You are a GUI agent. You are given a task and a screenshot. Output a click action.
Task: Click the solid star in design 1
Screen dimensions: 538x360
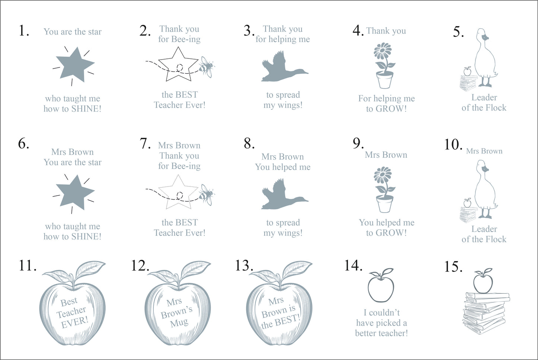pyautogui.click(x=75, y=65)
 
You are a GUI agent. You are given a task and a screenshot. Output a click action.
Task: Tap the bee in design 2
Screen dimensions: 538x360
pyautogui.click(x=207, y=67)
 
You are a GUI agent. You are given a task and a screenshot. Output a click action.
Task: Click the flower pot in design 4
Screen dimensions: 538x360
pyautogui.click(x=385, y=80)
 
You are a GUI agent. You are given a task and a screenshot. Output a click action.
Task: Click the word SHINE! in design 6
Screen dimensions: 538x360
pyautogui.click(x=86, y=236)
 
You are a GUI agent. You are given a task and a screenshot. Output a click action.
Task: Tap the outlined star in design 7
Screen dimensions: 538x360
pyautogui.click(x=178, y=192)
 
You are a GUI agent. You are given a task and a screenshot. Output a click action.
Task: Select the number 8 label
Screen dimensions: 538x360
pyautogui.click(x=249, y=144)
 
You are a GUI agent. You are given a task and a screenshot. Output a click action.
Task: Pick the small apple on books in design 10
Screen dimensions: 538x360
pyautogui.click(x=467, y=203)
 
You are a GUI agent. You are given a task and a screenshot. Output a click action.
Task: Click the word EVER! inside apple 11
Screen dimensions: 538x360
pyautogui.click(x=75, y=322)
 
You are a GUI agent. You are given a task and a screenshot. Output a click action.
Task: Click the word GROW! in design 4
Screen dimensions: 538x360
pyautogui.click(x=391, y=109)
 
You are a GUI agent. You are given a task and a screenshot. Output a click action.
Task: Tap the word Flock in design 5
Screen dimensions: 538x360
pyautogui.click(x=495, y=108)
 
